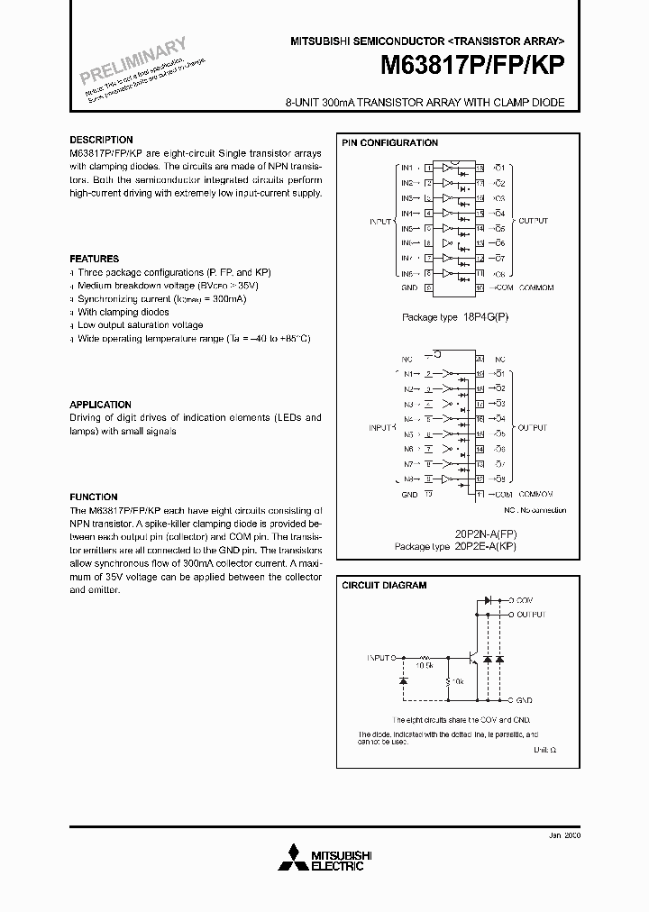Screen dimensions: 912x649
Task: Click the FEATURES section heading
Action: (94, 259)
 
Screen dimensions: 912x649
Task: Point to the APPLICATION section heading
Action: (100, 405)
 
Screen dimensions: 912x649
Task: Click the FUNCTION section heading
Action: (94, 497)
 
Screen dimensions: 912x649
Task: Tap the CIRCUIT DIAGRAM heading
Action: (383, 586)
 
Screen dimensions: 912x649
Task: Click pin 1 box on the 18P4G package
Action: (428, 168)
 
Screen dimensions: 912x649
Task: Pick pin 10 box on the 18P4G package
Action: (480, 288)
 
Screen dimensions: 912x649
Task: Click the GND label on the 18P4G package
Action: (409, 288)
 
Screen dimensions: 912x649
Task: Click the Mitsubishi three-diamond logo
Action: (293, 855)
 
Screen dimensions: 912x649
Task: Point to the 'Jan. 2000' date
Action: (564, 835)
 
